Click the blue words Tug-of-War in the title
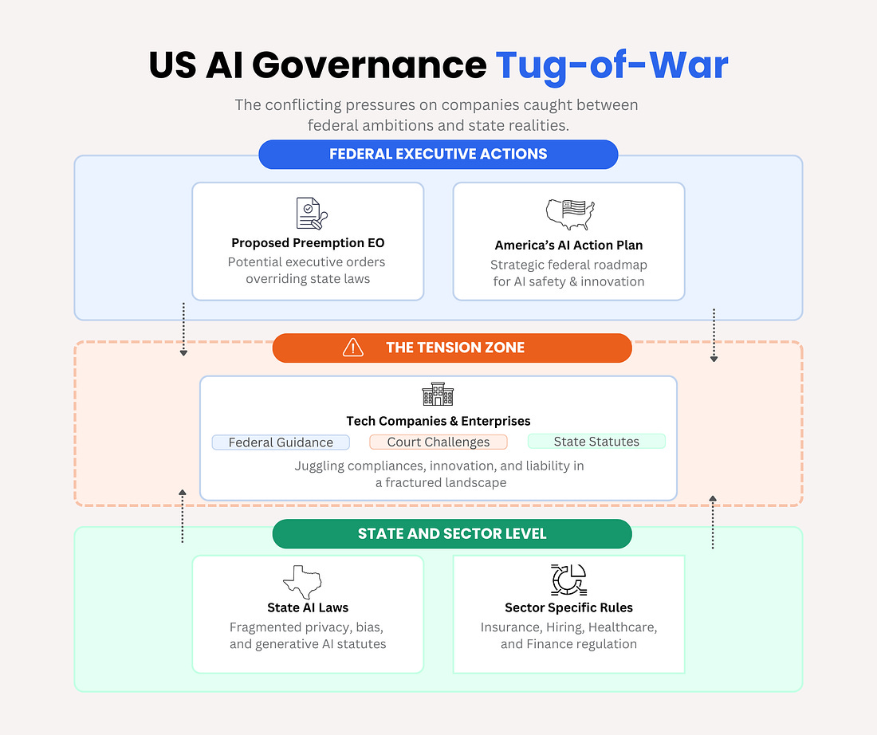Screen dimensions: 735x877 pyautogui.click(x=612, y=65)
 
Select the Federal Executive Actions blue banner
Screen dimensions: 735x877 pyautogui.click(x=438, y=154)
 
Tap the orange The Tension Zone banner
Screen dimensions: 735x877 pyautogui.click(x=452, y=348)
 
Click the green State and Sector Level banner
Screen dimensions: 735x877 pyautogui.click(x=452, y=533)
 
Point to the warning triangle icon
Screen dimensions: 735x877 pyautogui.click(x=352, y=348)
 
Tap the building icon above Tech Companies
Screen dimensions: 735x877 pyautogui.click(x=438, y=395)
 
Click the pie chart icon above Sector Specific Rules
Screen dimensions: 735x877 pyautogui.click(x=568, y=580)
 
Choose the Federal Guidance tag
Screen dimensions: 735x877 pyautogui.click(x=281, y=442)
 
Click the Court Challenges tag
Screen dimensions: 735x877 pyautogui.click(x=438, y=442)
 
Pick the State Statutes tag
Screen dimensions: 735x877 pyautogui.click(x=596, y=441)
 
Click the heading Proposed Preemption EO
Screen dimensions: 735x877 pyautogui.click(x=308, y=243)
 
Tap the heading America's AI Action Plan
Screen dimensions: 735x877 pyautogui.click(x=568, y=246)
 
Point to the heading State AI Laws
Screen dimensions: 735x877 pyautogui.click(x=308, y=607)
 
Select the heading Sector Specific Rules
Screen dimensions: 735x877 pyautogui.click(x=568, y=607)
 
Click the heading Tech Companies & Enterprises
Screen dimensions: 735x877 pyautogui.click(x=438, y=421)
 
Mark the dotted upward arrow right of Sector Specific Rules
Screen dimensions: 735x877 pyautogui.click(x=713, y=521)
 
